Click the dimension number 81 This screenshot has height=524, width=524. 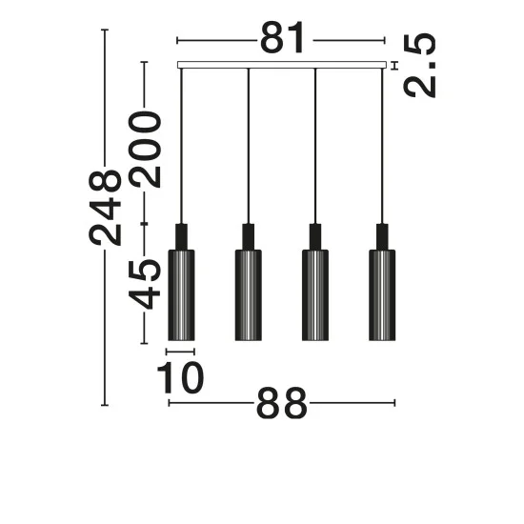pos(282,38)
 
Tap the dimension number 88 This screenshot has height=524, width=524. pos(281,403)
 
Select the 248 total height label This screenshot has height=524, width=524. pos(105,208)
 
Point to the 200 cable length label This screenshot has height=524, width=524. pos(145,150)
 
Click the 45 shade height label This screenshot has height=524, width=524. pos(145,284)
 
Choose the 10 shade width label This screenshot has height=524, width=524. pos(180,377)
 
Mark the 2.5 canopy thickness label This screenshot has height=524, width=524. pos(420,66)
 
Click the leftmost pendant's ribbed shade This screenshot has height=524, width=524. pos(181,295)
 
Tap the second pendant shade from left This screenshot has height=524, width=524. pos(249,295)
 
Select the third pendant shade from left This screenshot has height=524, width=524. pos(315,295)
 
